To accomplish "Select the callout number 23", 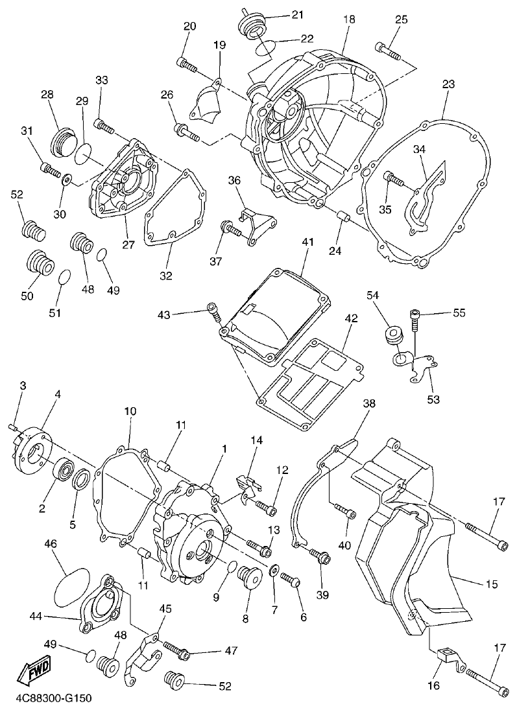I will click(x=448, y=84).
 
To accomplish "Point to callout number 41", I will click(x=307, y=242).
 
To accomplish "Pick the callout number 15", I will click(x=491, y=584).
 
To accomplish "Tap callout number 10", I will click(x=130, y=411).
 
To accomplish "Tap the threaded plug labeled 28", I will click(x=63, y=139).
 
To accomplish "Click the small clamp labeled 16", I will click(x=447, y=656).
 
